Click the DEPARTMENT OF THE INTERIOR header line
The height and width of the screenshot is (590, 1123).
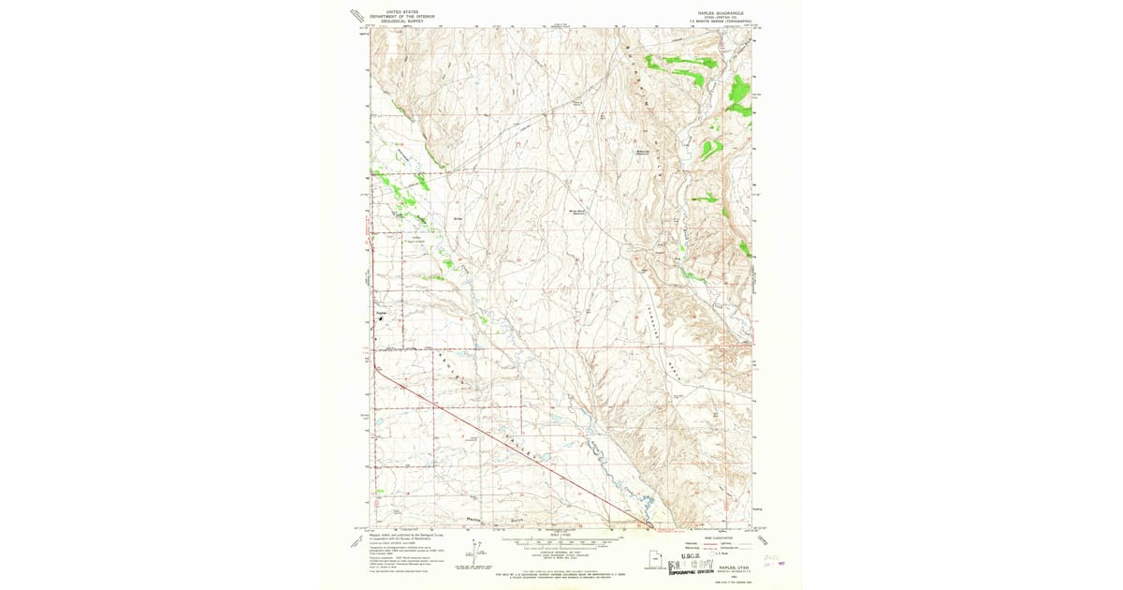pos(403,16)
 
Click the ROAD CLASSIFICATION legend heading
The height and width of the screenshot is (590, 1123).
pos(710,538)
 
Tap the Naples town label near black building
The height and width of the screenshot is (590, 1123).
pos(381,313)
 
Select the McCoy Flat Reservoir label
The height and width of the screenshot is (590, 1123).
pos(577,213)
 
